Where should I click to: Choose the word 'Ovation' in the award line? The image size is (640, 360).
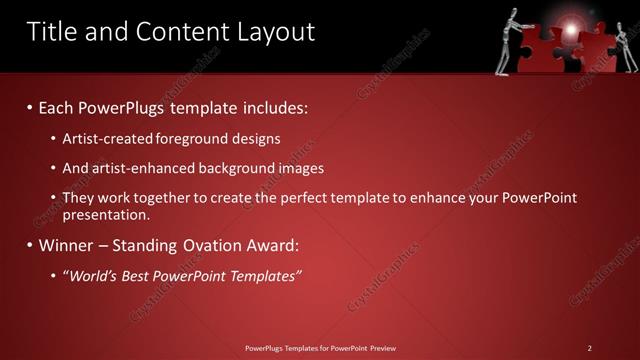coord(204,245)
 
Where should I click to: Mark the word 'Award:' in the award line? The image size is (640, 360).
coord(271,245)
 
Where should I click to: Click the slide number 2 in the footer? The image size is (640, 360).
coord(590,348)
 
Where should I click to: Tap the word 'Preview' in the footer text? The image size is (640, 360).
coord(380,348)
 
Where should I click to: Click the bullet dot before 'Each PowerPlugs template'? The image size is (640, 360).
coord(30,107)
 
